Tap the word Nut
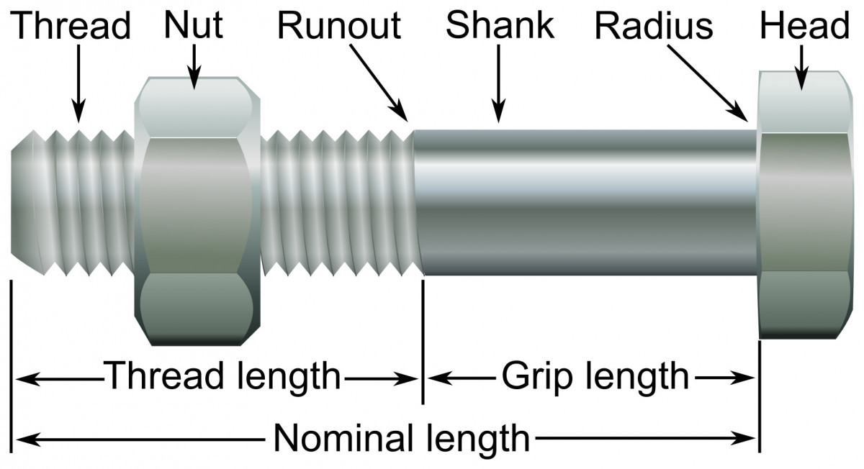click(194, 24)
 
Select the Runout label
click(339, 25)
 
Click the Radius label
click(654, 26)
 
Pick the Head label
click(805, 26)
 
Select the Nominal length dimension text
click(402, 437)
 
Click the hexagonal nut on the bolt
click(196, 209)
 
